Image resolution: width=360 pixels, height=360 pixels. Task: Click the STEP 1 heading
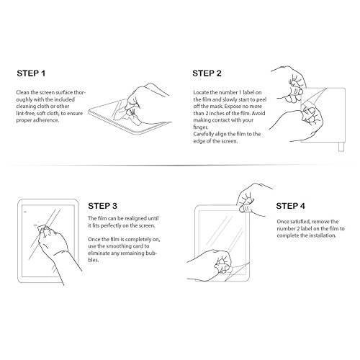pyautogui.click(x=31, y=73)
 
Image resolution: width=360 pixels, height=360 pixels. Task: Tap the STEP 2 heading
pyautogui.click(x=207, y=73)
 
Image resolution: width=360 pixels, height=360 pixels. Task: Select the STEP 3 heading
pyautogui.click(x=102, y=206)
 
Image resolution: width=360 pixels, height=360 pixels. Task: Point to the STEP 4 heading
pyautogui.click(x=290, y=206)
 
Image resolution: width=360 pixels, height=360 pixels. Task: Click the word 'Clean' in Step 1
pyautogui.click(x=23, y=92)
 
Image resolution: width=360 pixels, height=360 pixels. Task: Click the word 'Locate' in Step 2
pyautogui.click(x=201, y=92)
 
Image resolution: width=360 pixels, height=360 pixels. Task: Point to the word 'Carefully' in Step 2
pyautogui.click(x=204, y=134)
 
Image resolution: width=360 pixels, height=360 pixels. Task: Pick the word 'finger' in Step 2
pyautogui.click(x=201, y=127)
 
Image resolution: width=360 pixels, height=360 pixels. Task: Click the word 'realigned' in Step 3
pyautogui.click(x=135, y=219)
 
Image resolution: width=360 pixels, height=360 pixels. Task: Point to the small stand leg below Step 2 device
pyautogui.click(x=341, y=147)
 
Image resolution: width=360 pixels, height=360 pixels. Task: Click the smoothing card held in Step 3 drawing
pyautogui.click(x=42, y=230)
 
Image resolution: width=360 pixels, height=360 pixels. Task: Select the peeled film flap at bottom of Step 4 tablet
pyautogui.click(x=236, y=271)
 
